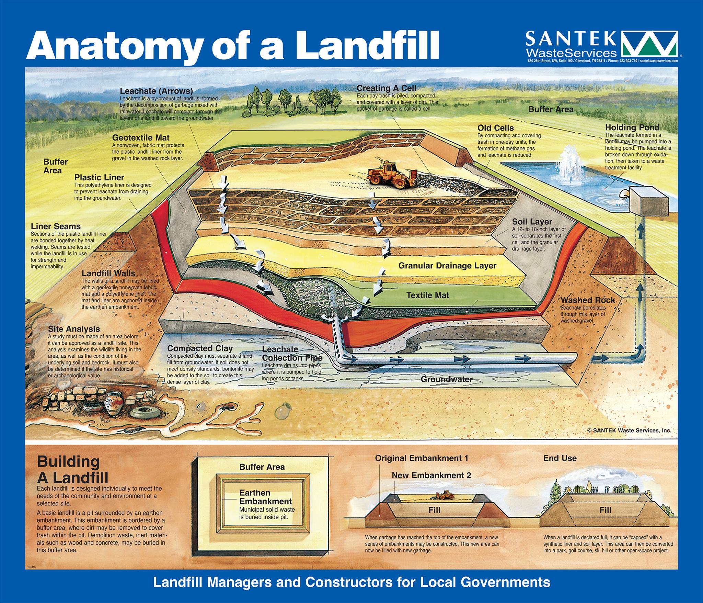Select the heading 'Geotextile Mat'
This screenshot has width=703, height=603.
[141, 137]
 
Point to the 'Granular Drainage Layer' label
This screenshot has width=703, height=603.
[447, 266]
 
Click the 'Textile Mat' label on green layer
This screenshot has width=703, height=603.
[428, 295]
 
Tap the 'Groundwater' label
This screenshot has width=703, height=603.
[447, 379]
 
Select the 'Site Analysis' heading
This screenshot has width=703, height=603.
[74, 329]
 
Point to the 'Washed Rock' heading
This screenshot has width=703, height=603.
[588, 300]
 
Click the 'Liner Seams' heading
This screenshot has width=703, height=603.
[56, 226]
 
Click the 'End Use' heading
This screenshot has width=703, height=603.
[560, 458]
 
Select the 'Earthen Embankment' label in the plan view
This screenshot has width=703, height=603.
[265, 497]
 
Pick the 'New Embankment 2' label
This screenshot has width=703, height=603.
[431, 475]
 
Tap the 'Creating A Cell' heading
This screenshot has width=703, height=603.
[387, 88]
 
